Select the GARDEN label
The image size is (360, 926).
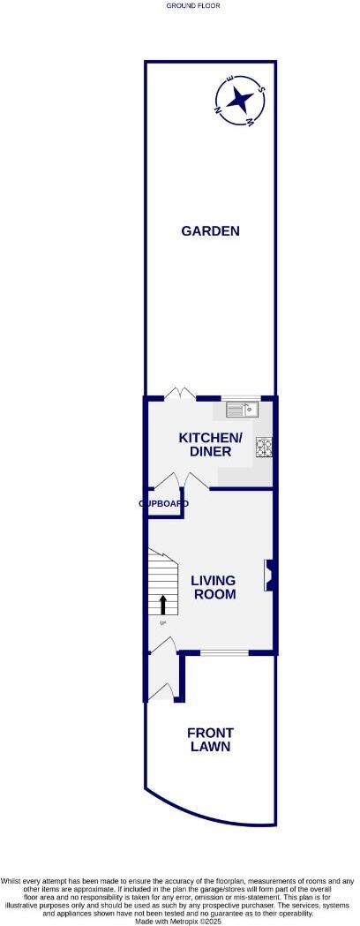210,231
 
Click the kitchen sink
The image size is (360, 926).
240,409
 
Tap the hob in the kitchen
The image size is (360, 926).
264,447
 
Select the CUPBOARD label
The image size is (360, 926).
163,503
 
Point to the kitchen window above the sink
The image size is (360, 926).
240,398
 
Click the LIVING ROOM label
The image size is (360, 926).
214,587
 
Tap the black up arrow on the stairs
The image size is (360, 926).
162,605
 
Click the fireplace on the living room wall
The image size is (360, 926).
267,575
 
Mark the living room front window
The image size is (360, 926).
224,652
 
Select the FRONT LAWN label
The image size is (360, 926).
209,739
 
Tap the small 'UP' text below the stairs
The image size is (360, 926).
162,625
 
